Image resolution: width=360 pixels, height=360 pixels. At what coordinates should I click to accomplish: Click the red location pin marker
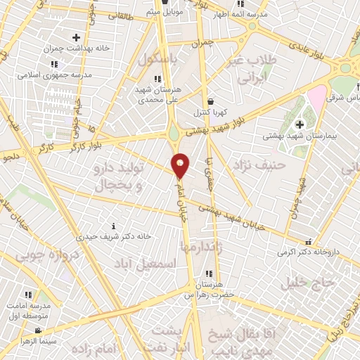(181, 165)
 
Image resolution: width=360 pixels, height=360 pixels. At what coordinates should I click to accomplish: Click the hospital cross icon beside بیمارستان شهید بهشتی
(298, 124)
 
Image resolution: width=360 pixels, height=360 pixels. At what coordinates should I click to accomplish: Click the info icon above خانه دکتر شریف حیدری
(114, 226)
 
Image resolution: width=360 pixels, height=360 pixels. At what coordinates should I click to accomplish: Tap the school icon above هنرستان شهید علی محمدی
(158, 79)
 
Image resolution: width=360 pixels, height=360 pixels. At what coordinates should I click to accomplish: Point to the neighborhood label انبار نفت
(166, 349)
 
